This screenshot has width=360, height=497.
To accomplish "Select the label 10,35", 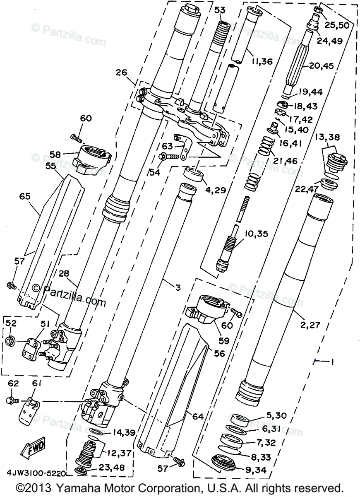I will (x=256, y=234).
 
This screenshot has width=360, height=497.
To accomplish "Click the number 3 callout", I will (x=178, y=287).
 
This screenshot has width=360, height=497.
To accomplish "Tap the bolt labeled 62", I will (x=12, y=400).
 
